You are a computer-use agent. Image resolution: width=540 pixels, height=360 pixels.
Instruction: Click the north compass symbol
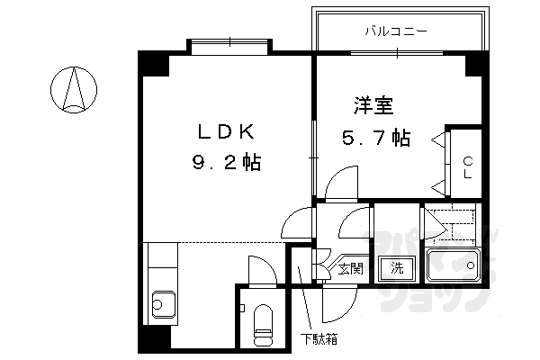point(75,89)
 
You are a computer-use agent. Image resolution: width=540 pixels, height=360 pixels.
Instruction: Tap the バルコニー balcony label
point(396,31)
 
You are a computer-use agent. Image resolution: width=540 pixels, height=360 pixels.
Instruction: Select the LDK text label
point(229,131)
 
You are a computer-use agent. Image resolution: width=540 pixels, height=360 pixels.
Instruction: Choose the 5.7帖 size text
point(375,139)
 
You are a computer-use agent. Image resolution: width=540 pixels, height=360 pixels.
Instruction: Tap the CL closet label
point(468,169)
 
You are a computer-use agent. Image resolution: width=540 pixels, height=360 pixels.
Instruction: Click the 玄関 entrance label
point(350,266)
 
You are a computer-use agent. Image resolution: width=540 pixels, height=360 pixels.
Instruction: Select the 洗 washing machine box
point(396,267)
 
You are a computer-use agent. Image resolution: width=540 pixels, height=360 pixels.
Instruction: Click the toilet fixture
point(264,326)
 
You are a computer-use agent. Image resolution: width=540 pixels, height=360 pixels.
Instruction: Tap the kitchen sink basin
point(162,302)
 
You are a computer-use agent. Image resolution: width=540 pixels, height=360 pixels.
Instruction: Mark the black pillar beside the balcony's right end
point(475,63)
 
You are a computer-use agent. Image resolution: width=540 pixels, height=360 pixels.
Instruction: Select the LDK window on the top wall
point(229,44)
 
